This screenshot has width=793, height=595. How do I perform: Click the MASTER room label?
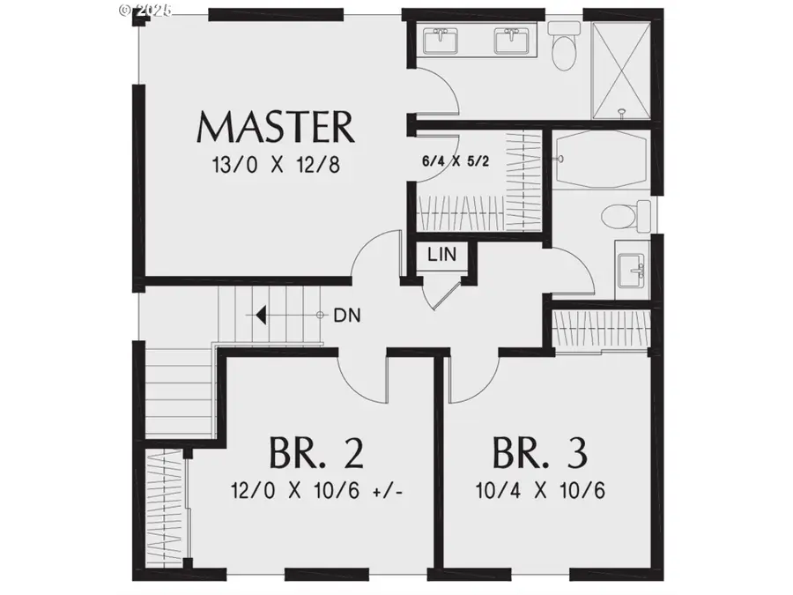coord(275,128)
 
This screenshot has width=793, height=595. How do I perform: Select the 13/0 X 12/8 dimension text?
coord(275,165)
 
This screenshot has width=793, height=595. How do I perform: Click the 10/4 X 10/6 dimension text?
coord(538,489)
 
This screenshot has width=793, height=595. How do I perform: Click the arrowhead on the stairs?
coord(261,315)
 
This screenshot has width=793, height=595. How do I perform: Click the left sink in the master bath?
coord(438,41)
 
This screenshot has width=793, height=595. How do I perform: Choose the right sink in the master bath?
coord(508,41)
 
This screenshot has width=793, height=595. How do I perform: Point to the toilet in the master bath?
coord(561,44)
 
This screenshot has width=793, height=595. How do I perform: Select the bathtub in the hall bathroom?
coord(603,160)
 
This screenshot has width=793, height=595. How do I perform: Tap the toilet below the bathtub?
coord(617,214)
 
